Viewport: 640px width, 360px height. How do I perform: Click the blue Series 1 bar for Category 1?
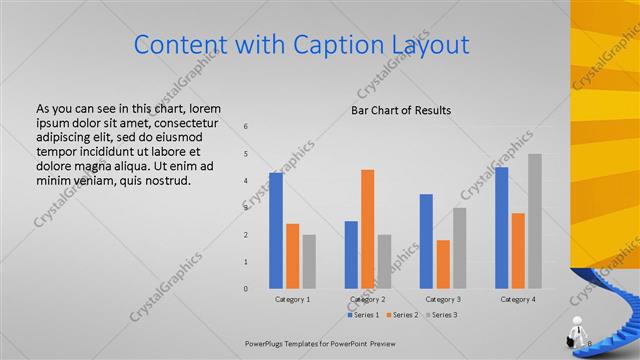(x=275, y=231)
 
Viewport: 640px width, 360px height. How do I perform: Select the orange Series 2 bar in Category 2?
(x=368, y=229)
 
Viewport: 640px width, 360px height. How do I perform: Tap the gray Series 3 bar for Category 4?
(x=535, y=221)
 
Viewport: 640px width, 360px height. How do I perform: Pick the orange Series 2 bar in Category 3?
(x=443, y=264)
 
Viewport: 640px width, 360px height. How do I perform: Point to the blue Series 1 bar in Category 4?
(x=501, y=228)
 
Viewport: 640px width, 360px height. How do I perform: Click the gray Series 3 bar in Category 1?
(x=309, y=262)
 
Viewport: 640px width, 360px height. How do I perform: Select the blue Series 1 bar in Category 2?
(x=351, y=255)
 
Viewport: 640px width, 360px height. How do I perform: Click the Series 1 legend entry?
(x=364, y=315)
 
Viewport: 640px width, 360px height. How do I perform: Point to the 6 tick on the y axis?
(x=246, y=127)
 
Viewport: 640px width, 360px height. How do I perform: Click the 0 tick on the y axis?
(x=246, y=289)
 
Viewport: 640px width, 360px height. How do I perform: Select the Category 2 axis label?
(x=368, y=299)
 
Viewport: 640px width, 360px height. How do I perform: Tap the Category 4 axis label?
(x=518, y=299)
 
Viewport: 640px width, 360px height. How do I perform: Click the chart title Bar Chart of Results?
(x=400, y=110)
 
